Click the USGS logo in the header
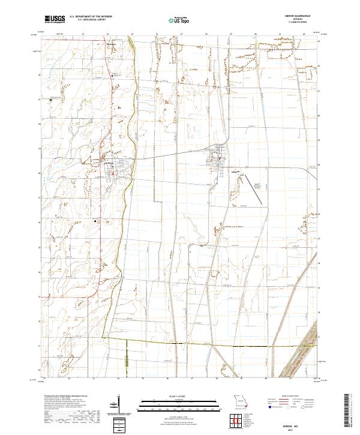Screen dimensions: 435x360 [54, 19]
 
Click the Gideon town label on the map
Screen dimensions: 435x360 [235, 170]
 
